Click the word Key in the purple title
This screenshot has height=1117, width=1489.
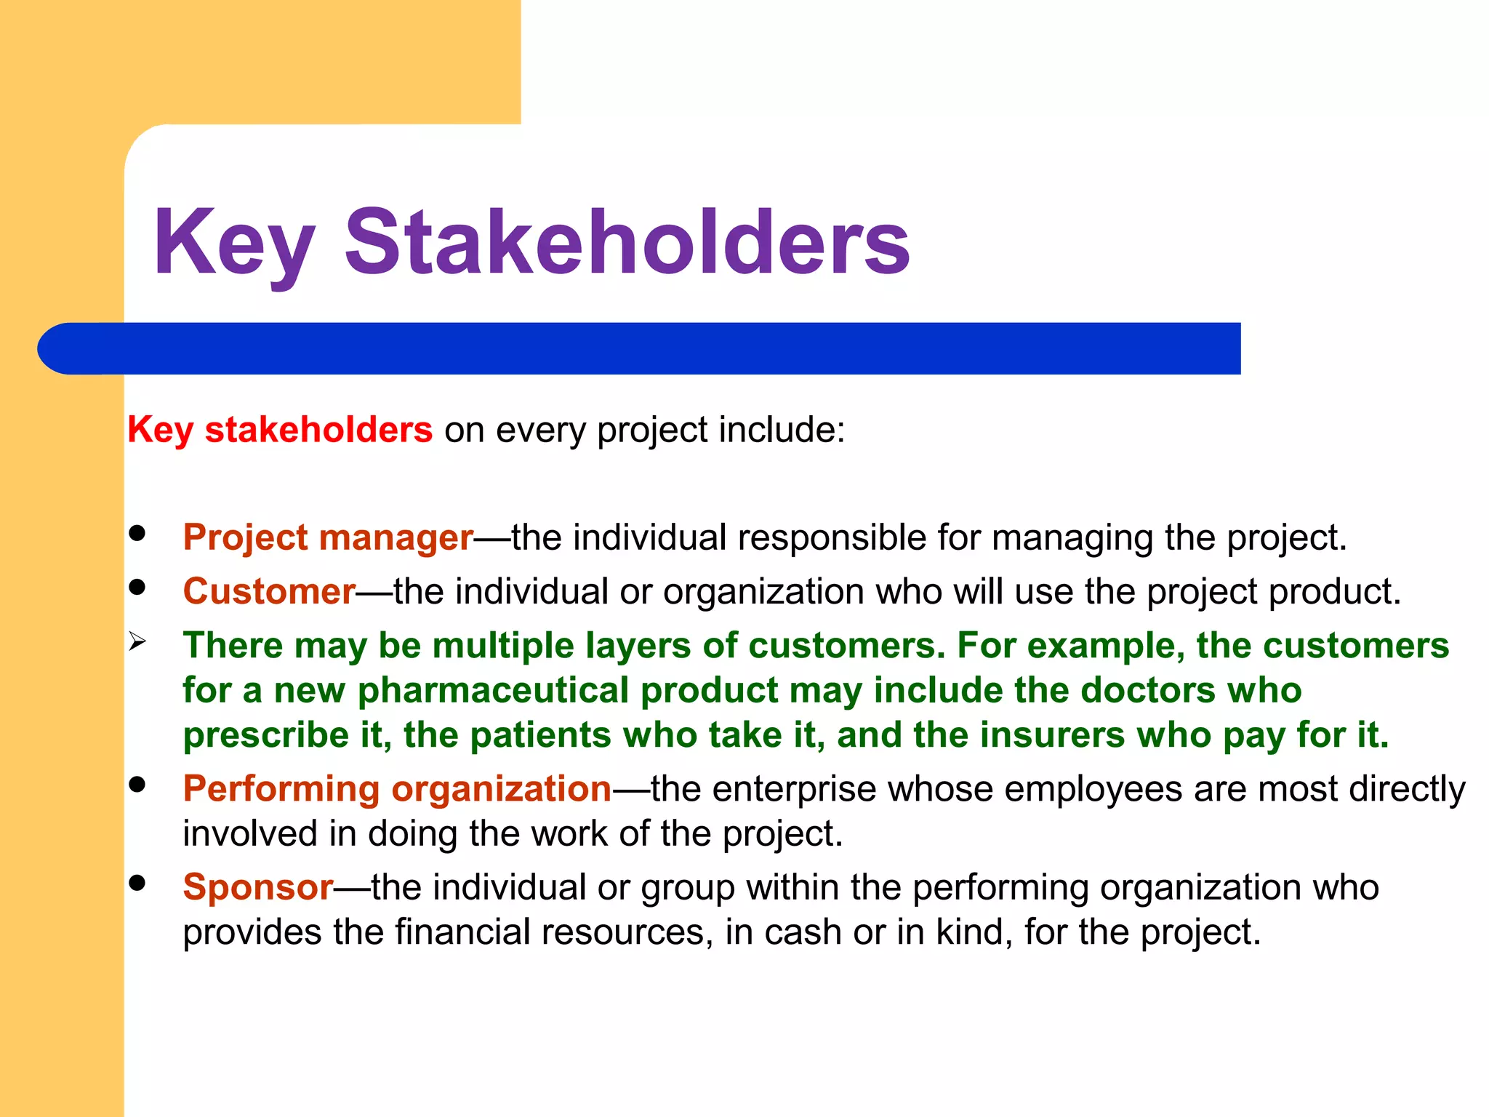coord(234,244)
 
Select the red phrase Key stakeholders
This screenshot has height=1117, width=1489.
coord(280,430)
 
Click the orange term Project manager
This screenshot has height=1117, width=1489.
coord(328,538)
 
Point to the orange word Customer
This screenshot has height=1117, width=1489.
coord(269,591)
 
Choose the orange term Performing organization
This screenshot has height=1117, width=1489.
coord(397,789)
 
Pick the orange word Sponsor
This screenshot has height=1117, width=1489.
coord(258,887)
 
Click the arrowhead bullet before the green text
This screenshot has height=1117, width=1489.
coord(137,642)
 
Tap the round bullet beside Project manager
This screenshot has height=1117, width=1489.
coord(137,533)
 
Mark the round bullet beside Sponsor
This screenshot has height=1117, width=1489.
coord(137,883)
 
